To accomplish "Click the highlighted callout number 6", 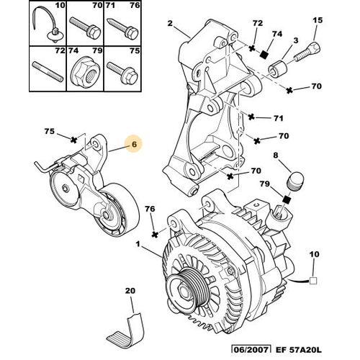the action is tap(134, 144).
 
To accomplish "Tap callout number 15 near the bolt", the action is tap(318, 20).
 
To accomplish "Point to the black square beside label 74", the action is tap(264, 55).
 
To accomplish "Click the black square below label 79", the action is tap(287, 199).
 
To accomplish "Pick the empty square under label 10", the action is tap(313, 281).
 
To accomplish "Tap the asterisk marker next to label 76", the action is tap(156, 234).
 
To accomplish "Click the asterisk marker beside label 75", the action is tap(74, 140).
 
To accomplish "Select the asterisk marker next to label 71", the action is tap(251, 117).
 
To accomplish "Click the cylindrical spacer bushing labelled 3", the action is tap(277, 68).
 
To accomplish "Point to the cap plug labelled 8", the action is tap(295, 181).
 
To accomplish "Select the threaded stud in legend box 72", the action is tap(48, 72).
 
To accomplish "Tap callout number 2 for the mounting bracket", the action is tap(170, 23).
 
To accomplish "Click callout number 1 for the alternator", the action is tap(138, 244).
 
